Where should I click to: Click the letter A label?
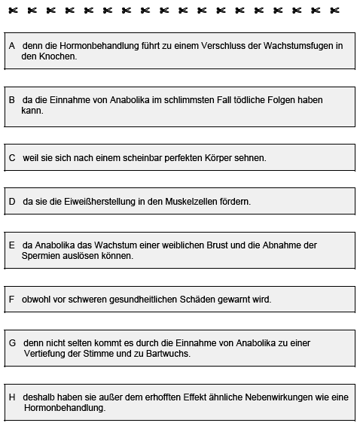tap(12, 46)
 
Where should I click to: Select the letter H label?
tap(12, 397)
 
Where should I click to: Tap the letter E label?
tap(12, 245)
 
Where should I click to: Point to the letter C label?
tap(12, 158)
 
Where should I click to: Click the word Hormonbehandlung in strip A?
tap(95, 46)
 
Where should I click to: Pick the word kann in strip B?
tap(32, 110)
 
